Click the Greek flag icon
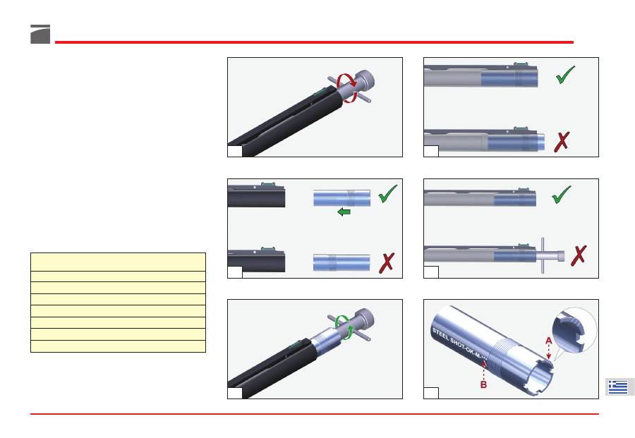(618, 387)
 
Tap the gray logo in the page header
(40, 34)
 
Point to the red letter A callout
(548, 341)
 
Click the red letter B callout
(483, 384)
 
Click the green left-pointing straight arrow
(344, 212)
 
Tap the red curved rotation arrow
(348, 87)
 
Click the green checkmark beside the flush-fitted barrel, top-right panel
(565, 75)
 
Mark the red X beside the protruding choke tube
(562, 142)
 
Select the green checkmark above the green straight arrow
(387, 193)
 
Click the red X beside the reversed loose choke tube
(387, 262)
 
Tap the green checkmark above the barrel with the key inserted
(562, 195)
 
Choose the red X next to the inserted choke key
(579, 255)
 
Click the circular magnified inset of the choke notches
(574, 329)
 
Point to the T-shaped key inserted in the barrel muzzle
(550, 256)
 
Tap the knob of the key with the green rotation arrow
(364, 320)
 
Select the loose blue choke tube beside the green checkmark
(341, 198)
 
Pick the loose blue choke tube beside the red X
(341, 262)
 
